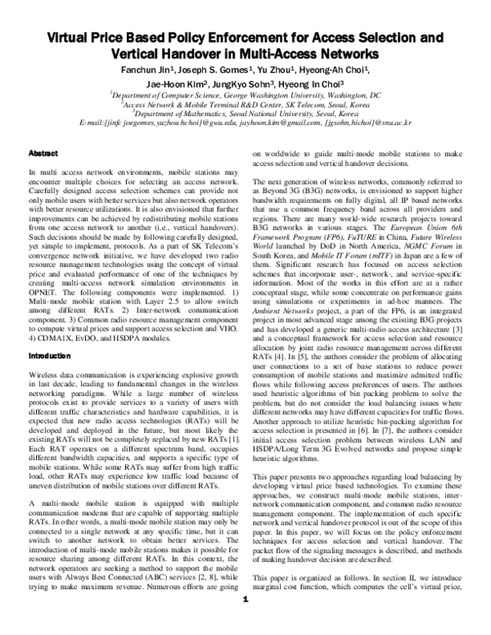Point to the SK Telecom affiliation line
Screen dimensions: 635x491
(x=245, y=105)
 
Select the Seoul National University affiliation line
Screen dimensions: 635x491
(x=245, y=114)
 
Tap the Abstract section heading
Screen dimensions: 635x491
(x=43, y=153)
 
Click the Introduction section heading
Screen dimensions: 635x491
(x=50, y=357)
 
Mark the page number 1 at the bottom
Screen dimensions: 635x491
(x=245, y=623)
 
